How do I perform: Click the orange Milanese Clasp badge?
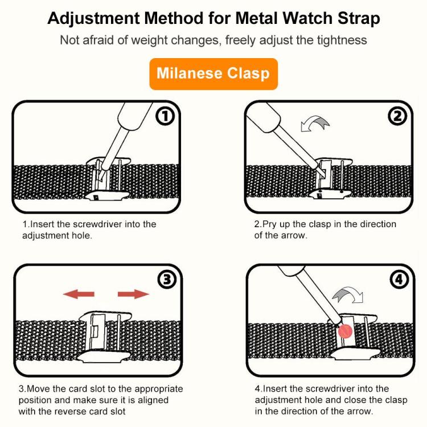point(213,73)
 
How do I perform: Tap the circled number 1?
point(165,117)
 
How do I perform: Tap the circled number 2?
point(397,117)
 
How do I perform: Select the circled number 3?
point(165,280)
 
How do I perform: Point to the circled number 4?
point(397,280)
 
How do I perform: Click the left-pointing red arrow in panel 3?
point(78,294)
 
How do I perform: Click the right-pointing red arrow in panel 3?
point(133,294)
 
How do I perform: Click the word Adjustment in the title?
point(95,18)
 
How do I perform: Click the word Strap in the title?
point(354,18)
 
